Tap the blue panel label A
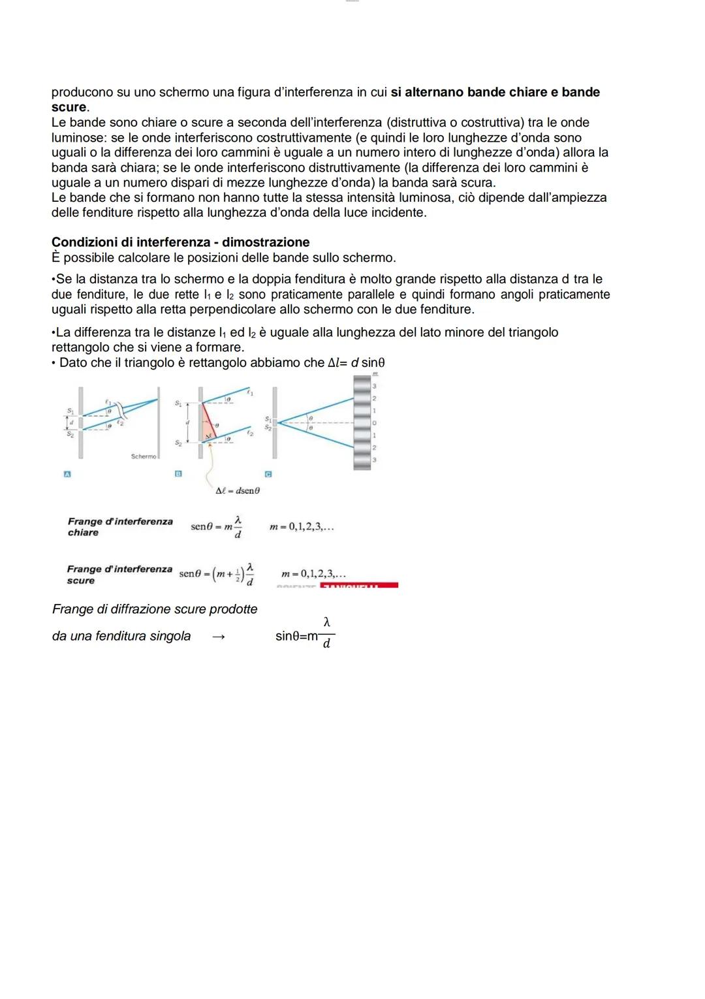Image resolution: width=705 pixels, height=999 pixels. [67, 473]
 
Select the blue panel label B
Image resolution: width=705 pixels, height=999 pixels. [178, 473]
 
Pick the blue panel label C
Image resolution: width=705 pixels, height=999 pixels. [268, 473]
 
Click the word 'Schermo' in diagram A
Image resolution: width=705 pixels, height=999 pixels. [143, 456]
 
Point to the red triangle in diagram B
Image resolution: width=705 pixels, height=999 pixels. [208, 422]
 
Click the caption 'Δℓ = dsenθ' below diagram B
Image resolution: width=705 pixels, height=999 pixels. [238, 490]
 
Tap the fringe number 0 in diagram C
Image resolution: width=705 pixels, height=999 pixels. [374, 423]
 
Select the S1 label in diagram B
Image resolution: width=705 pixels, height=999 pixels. [178, 404]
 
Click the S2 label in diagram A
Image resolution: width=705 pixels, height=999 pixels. [70, 435]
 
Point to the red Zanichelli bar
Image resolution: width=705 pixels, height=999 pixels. [359, 586]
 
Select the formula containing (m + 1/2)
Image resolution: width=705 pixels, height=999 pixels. [217, 573]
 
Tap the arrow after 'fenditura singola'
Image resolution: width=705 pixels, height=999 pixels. [219, 637]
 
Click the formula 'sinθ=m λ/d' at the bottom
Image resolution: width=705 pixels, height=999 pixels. [305, 635]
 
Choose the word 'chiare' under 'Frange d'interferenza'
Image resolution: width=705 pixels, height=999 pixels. [83, 533]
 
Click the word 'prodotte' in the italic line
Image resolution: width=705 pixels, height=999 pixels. [232, 609]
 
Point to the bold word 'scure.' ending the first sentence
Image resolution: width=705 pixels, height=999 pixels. [70, 107]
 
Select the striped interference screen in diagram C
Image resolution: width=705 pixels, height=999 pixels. [362, 423]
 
